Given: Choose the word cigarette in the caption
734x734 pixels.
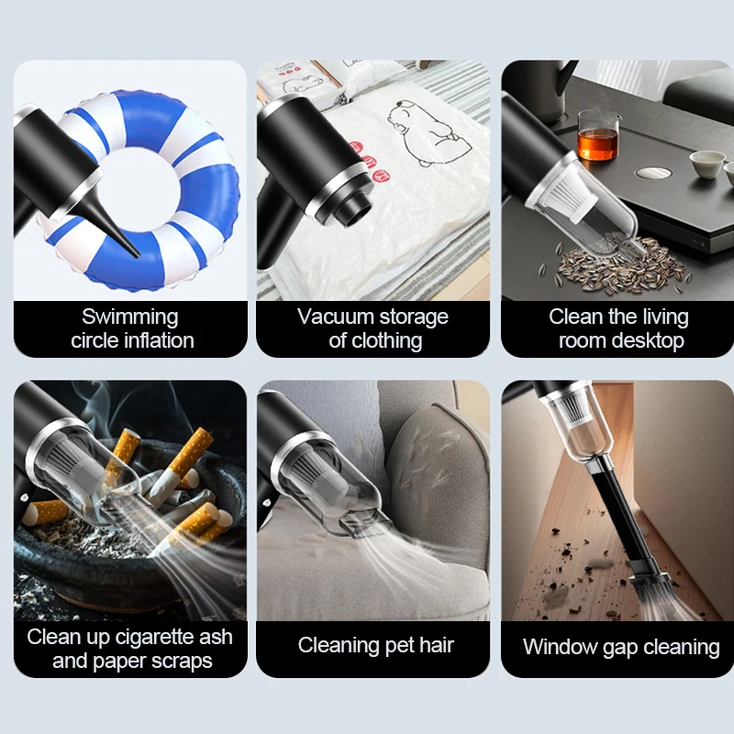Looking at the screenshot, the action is coord(154,637).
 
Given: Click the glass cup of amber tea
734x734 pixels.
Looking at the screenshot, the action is coord(598,135).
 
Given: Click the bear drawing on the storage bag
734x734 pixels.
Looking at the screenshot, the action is coord(427,133).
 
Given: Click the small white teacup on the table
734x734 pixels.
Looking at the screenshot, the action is coord(706,164).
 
